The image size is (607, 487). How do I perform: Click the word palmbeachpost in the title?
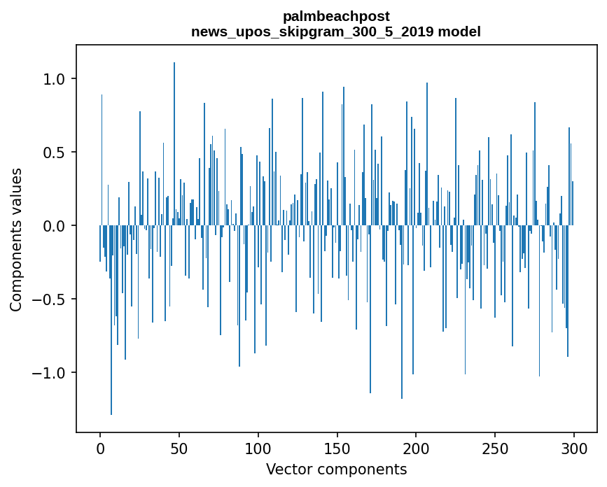point(336,16)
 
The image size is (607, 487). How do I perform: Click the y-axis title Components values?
point(16,239)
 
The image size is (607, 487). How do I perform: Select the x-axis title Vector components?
point(336,469)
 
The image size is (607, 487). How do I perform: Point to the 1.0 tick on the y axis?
point(55,79)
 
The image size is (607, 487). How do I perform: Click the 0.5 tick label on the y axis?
point(55,153)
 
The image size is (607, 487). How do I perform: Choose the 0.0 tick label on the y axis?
point(55,226)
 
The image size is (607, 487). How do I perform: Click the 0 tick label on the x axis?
point(100,448)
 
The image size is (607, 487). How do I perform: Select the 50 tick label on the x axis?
point(179,448)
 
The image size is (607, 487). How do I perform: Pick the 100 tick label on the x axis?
point(258,448)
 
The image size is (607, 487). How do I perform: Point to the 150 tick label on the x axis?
point(337,448)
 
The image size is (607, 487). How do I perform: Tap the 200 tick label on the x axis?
point(417,448)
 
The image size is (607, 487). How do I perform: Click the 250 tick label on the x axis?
point(495,448)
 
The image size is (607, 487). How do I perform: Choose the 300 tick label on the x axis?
point(574,448)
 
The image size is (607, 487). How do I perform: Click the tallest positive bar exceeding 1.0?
point(174,140)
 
